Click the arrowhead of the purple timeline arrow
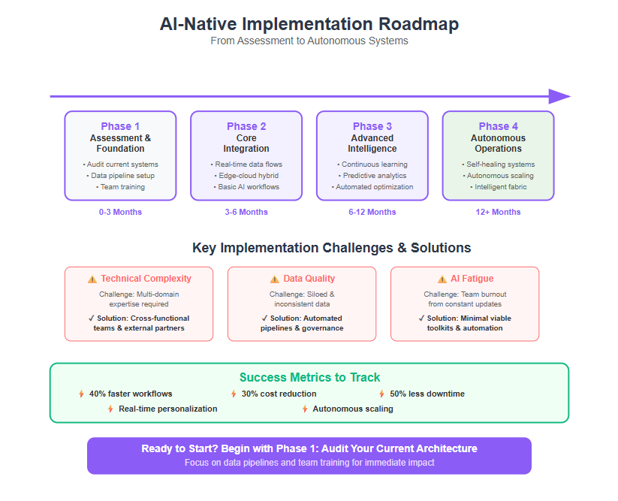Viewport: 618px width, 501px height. tap(559, 97)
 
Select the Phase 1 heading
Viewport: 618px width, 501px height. tap(120, 126)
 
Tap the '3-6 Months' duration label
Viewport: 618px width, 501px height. tap(246, 212)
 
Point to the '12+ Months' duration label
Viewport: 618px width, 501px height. tap(498, 212)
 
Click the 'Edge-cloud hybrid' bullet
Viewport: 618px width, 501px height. tap(246, 176)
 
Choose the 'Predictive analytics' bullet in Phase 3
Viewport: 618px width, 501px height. tap(372, 176)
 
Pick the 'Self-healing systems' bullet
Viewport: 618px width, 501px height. tap(498, 164)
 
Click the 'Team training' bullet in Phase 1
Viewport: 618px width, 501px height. tap(120, 187)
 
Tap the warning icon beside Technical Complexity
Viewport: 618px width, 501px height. tap(92, 279)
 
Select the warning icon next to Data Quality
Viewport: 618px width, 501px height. tap(275, 279)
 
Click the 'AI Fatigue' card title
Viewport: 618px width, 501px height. tap(472, 279)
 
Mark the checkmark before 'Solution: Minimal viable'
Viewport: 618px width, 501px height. tap(422, 318)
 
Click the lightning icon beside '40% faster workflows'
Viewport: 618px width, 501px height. tap(81, 394)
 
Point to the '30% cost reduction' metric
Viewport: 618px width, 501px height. tap(279, 394)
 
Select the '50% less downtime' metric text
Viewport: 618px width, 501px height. tap(427, 394)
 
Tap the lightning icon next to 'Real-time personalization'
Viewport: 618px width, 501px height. tap(110, 409)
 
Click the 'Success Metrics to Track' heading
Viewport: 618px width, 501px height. tap(310, 377)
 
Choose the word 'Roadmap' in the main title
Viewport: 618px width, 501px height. tap(418, 24)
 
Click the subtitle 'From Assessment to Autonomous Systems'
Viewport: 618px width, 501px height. tap(309, 41)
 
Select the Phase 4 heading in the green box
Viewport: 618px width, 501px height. tap(498, 126)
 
